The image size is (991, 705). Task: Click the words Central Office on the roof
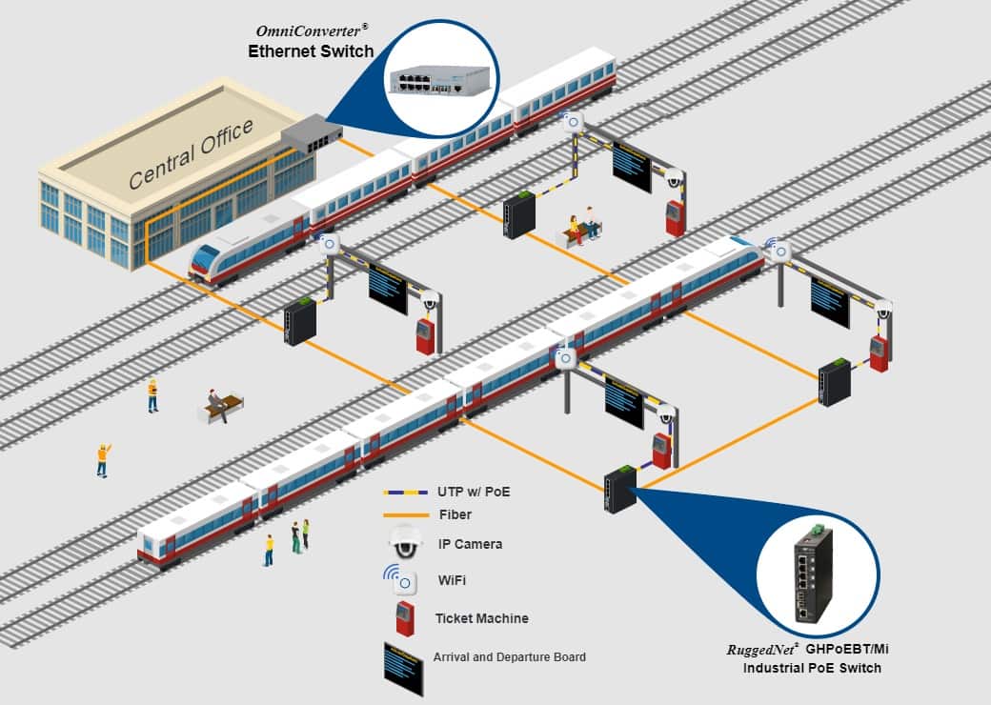(x=191, y=152)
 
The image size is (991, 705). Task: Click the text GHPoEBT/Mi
(x=851, y=650)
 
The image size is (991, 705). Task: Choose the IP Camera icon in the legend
(x=404, y=543)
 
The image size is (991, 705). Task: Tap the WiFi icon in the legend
(x=401, y=579)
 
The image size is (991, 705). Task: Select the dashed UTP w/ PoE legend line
(x=402, y=493)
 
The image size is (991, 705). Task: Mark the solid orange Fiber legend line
(x=402, y=515)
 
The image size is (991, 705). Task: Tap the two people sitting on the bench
(x=583, y=227)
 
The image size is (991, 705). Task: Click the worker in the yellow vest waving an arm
(x=103, y=459)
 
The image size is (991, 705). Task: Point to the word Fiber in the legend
(x=455, y=515)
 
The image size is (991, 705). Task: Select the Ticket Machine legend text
(x=481, y=619)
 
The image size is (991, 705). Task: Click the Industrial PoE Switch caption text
(x=812, y=669)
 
